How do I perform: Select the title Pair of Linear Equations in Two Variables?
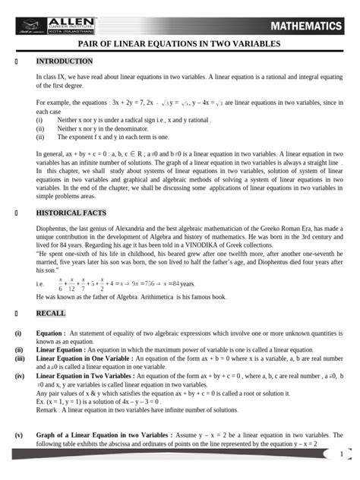[x=180, y=45]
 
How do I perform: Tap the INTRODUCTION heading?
[x=65, y=61]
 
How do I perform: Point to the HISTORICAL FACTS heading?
[x=71, y=213]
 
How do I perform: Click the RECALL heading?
[x=51, y=312]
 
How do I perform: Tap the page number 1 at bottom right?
[x=341, y=454]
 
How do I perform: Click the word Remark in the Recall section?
[x=49, y=410]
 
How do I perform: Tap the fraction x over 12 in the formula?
[x=71, y=284]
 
